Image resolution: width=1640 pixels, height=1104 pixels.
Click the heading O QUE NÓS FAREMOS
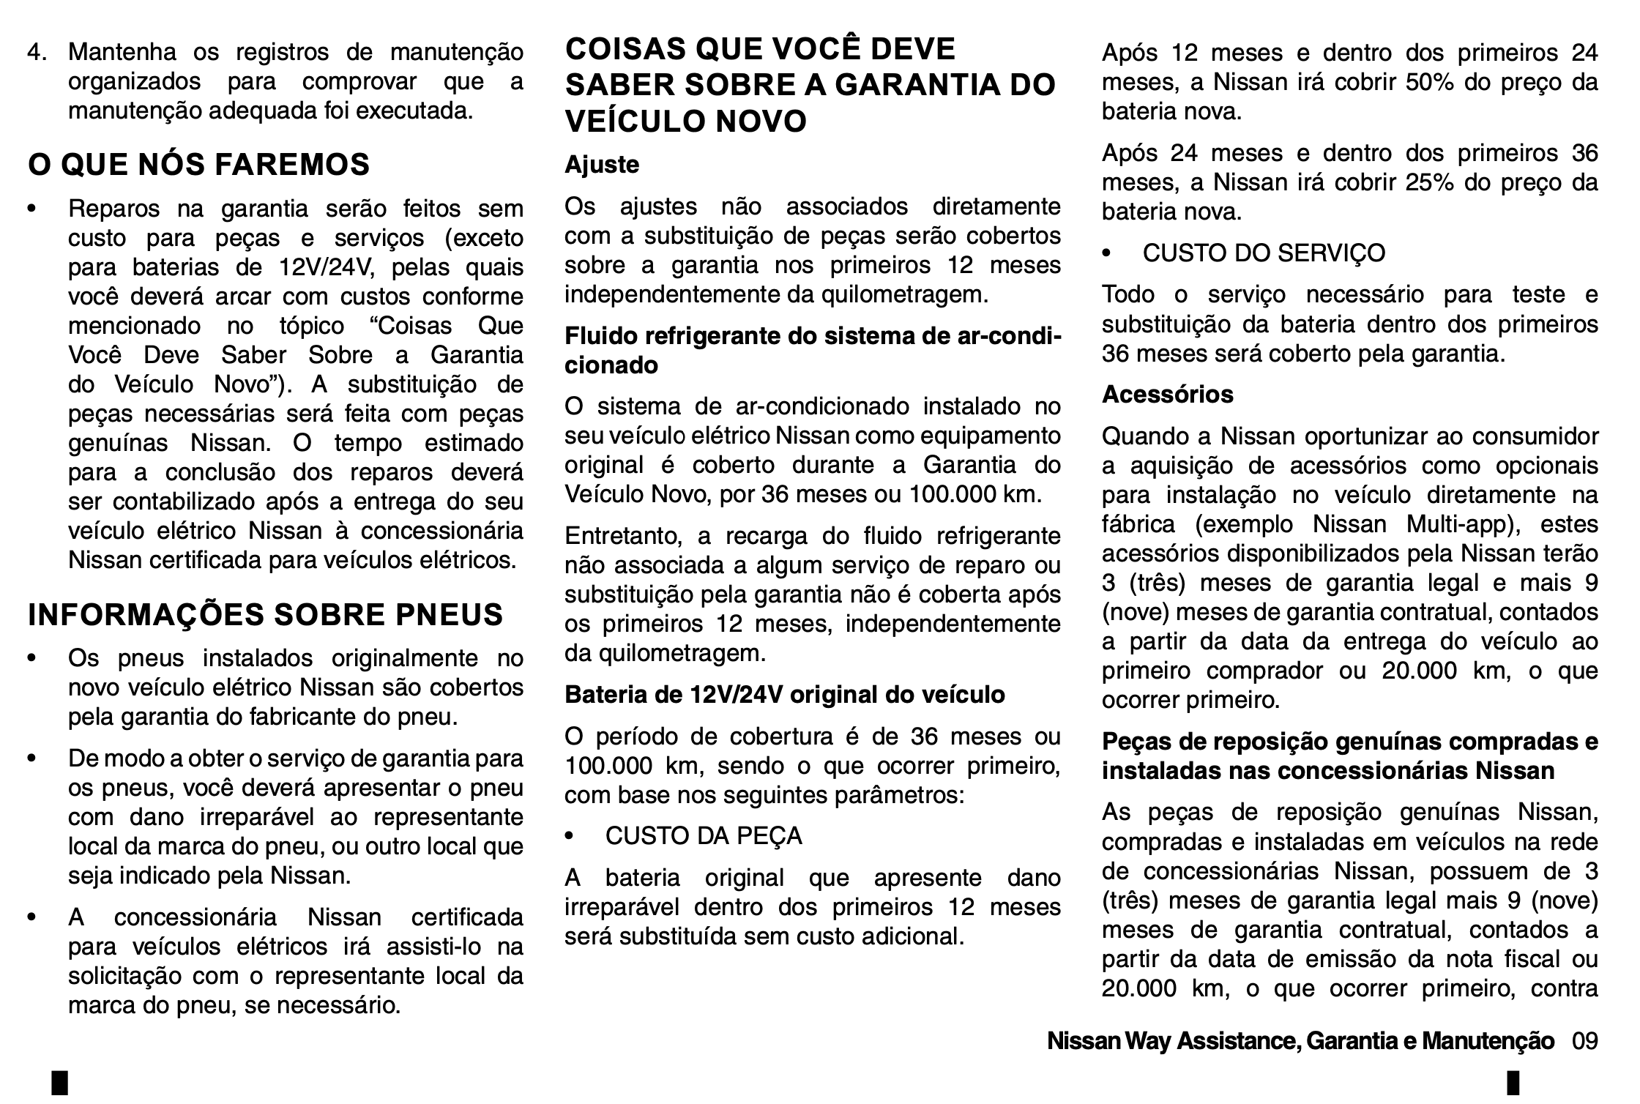[x=199, y=165]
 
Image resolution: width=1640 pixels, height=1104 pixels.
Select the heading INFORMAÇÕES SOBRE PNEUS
[x=266, y=614]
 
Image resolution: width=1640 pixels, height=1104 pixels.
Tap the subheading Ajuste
[x=602, y=164]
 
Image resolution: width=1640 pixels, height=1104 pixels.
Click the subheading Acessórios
[x=1167, y=395]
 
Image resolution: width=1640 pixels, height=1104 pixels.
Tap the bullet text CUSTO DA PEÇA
[x=704, y=836]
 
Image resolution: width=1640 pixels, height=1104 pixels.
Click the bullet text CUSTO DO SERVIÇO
[x=1264, y=253]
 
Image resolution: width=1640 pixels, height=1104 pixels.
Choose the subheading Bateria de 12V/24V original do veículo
[x=785, y=695]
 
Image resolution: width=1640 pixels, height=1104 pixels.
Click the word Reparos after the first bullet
[x=114, y=209]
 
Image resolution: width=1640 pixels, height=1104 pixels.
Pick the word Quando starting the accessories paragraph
[x=1143, y=436]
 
